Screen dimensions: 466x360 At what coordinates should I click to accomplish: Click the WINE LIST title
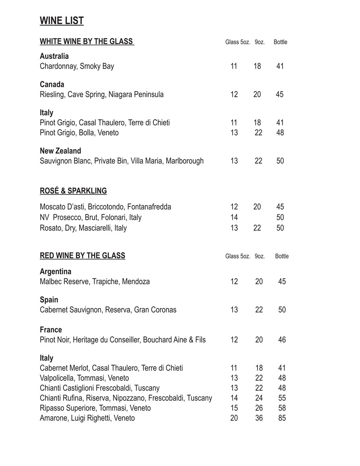click(62, 21)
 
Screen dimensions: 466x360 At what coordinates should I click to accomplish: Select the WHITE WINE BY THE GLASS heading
click(87, 42)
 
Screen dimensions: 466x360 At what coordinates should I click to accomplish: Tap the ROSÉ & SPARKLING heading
click(73, 191)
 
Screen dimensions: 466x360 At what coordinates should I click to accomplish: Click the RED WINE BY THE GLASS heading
click(83, 255)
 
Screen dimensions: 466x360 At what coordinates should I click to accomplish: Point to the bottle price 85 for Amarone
click(282, 418)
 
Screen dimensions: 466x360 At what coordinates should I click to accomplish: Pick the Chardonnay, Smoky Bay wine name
click(77, 66)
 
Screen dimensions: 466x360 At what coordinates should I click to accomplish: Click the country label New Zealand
click(61, 151)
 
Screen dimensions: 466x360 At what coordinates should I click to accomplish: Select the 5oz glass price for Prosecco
click(234, 217)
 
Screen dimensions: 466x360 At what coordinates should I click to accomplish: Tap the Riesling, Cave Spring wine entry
click(102, 94)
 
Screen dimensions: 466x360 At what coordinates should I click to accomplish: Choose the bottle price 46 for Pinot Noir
click(282, 340)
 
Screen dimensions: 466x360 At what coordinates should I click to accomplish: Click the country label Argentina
click(55, 272)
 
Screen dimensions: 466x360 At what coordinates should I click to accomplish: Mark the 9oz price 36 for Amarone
click(259, 418)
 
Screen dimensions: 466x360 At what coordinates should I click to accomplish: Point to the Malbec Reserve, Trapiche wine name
click(95, 282)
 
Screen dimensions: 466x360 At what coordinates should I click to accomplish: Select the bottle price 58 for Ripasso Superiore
click(282, 408)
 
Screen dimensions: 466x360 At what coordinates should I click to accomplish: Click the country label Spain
click(49, 300)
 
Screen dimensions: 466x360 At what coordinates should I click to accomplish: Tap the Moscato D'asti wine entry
click(105, 207)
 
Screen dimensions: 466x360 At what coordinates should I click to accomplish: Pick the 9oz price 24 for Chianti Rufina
click(259, 398)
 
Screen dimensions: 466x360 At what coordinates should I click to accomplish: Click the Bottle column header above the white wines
click(280, 42)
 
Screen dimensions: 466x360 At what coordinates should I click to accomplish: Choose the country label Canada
click(52, 84)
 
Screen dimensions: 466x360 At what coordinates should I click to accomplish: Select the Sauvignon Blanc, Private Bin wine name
click(122, 161)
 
